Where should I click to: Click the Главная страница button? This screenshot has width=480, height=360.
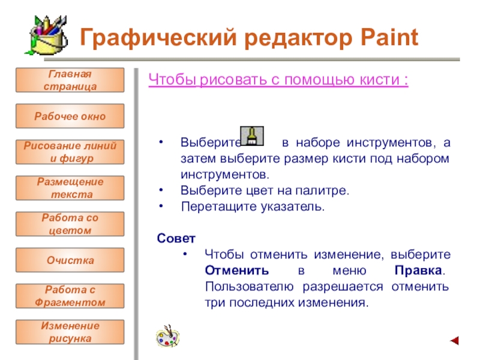pos(70,80)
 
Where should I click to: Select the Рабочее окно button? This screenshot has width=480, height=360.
pos(70,116)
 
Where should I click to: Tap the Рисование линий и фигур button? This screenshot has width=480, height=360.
pos(70,152)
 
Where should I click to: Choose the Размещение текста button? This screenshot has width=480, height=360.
pos(70,188)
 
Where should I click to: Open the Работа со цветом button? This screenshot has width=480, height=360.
pos(70,224)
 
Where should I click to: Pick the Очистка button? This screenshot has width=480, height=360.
pos(70,260)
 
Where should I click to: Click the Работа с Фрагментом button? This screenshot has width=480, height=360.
pos(70,296)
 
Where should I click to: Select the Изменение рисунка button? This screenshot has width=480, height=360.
pos(70,332)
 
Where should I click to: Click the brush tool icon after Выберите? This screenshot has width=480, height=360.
pos(252,136)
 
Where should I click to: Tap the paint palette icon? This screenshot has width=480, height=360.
pos(168,336)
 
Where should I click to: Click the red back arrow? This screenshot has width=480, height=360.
pos(454,340)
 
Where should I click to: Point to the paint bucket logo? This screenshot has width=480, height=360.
pos(47,36)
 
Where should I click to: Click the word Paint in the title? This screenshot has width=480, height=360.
pos(389,37)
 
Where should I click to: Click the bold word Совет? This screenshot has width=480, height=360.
pos(176,238)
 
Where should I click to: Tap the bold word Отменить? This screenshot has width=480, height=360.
pos(237,271)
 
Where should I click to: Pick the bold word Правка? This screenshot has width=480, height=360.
pos(418,271)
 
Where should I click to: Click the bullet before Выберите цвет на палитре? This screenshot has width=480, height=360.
pos(161,190)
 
